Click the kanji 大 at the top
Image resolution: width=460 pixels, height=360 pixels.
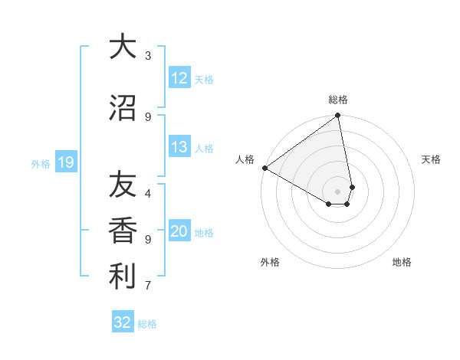pyautogui.click(x=122, y=47)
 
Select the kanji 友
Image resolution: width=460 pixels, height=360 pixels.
pyautogui.click(x=122, y=185)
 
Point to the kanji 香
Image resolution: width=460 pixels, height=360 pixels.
pyautogui.click(x=122, y=231)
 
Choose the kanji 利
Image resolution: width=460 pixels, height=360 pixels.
pyautogui.click(x=122, y=277)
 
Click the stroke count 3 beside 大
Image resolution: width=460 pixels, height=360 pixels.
pyautogui.click(x=147, y=56)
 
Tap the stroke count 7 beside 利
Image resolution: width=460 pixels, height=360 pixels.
pyautogui.click(x=147, y=286)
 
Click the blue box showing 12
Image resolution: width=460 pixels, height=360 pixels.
pyautogui.click(x=179, y=78)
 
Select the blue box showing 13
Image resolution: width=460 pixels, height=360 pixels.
pyautogui.click(x=179, y=148)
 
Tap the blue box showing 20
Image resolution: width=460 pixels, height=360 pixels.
pyautogui.click(x=179, y=232)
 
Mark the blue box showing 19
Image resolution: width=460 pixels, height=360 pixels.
pyautogui.click(x=65, y=162)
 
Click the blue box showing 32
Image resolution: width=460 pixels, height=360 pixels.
pyautogui.click(x=123, y=322)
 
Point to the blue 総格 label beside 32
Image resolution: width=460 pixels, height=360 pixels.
pyautogui.click(x=147, y=324)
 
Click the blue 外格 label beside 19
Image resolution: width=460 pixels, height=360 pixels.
pyautogui.click(x=40, y=163)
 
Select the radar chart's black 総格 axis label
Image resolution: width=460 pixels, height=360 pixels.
pyautogui.click(x=338, y=100)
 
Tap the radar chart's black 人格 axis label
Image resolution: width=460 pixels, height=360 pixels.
pyautogui.click(x=245, y=159)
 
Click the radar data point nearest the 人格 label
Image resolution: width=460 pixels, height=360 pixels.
pyautogui.click(x=264, y=168)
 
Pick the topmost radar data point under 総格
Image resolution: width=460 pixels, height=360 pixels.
pyautogui.click(x=337, y=116)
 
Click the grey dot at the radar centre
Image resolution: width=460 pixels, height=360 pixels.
pyautogui.click(x=337, y=191)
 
